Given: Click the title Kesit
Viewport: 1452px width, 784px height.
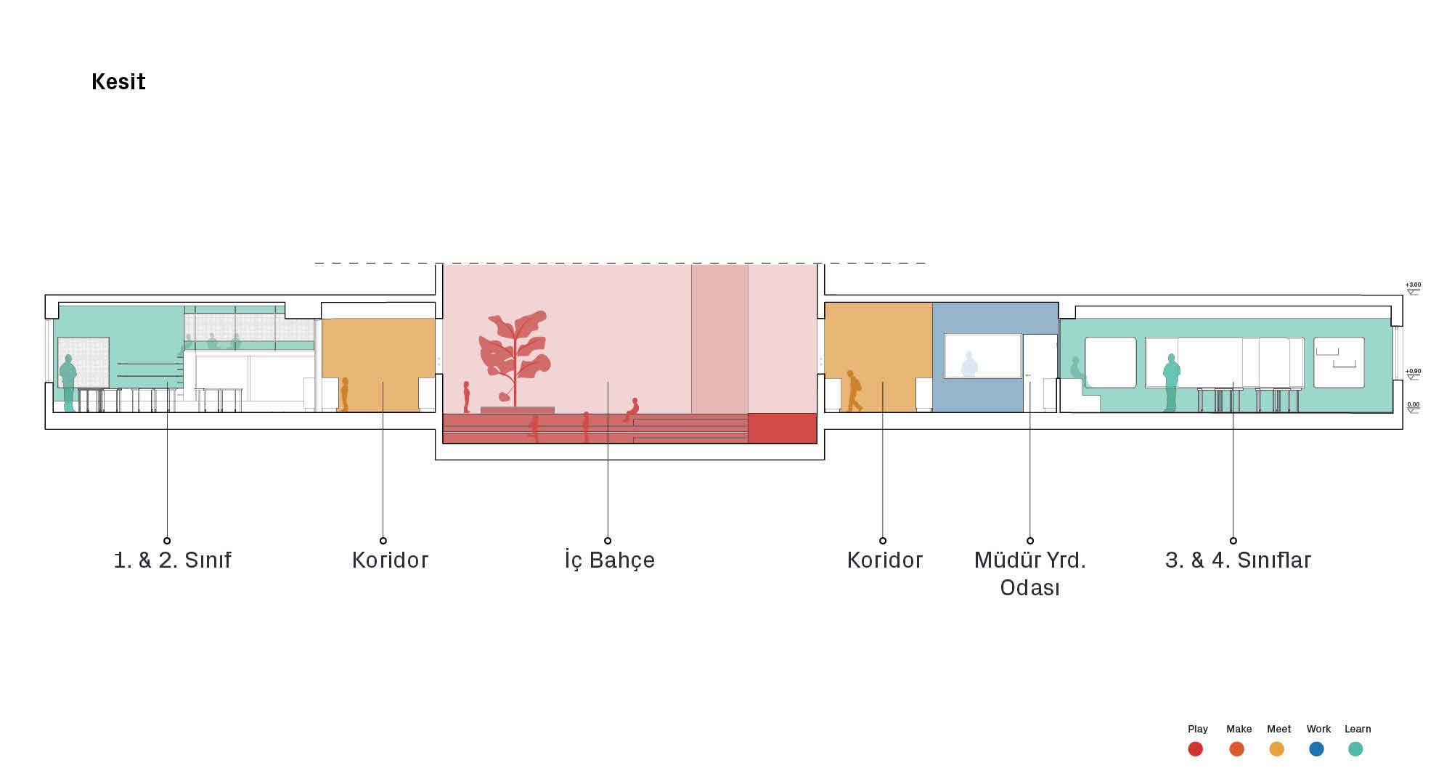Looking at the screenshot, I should point(118,81).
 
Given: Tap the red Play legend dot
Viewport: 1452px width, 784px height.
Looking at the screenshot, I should point(1195,749).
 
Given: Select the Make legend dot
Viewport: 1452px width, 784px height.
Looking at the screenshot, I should point(1236,749).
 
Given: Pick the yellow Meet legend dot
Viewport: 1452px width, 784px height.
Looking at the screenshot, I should point(1276,749).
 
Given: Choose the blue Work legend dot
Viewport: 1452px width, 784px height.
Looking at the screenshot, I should point(1316,749).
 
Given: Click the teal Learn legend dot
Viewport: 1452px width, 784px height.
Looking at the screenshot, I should point(1355,749).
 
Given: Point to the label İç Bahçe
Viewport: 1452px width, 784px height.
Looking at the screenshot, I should point(610,560).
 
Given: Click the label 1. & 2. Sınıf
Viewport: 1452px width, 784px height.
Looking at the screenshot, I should point(173,560).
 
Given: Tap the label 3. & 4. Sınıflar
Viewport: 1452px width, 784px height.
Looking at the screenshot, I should point(1238,560).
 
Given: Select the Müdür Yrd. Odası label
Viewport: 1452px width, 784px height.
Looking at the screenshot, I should point(1029,573).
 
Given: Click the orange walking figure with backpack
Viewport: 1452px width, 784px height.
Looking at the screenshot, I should point(854,391).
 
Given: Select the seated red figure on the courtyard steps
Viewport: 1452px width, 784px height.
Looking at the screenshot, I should point(632,410).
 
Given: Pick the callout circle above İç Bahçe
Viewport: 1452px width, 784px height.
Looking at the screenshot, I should point(608,540).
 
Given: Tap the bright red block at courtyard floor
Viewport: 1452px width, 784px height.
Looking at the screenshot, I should point(782,428).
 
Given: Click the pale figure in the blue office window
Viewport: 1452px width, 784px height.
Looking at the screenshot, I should point(969,364).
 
